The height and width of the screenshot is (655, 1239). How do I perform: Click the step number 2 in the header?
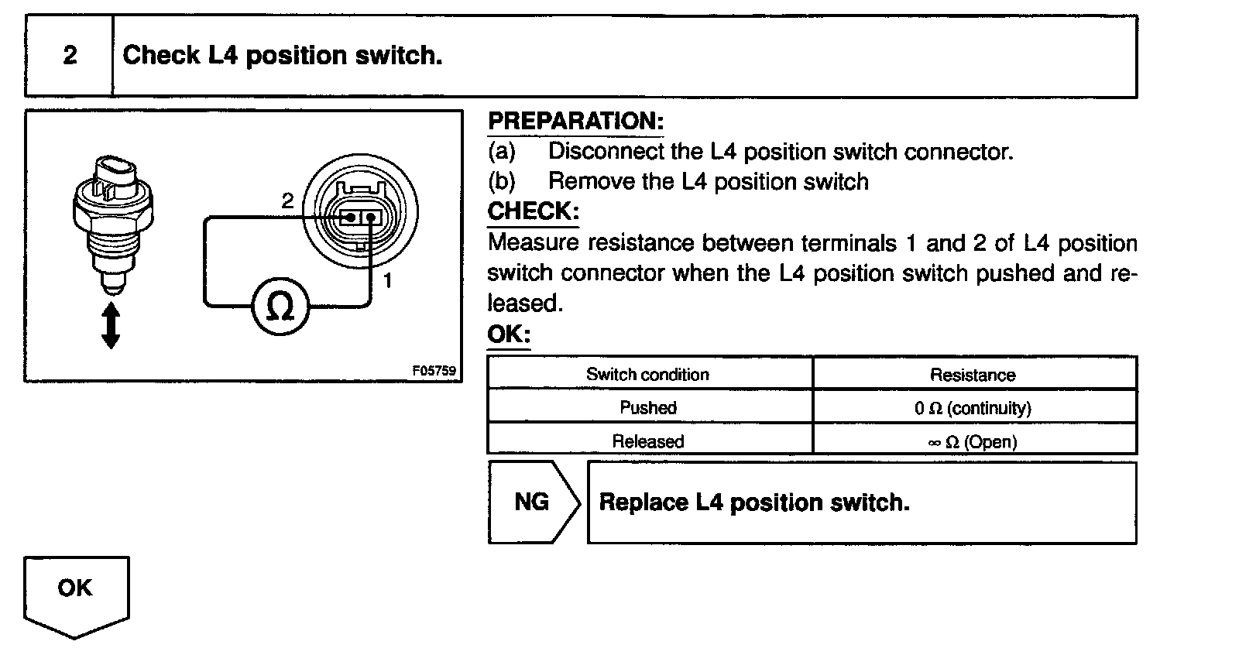[70, 56]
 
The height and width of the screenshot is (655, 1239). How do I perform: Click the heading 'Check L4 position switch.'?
[283, 56]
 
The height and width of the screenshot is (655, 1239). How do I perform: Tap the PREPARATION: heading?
[575, 122]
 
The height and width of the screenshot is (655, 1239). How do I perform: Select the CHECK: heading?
[533, 211]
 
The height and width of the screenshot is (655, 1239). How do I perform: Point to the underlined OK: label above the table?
[508, 334]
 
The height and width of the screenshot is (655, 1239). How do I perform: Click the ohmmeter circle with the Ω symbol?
[280, 308]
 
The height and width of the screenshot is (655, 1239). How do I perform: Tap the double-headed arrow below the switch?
[111, 325]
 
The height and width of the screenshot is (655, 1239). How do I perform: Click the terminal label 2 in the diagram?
[287, 201]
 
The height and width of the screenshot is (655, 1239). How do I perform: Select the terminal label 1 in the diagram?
[388, 280]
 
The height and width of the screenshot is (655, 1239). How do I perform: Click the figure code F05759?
[434, 371]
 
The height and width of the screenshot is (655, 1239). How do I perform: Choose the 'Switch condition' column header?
[647, 375]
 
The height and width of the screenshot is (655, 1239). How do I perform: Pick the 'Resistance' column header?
[973, 376]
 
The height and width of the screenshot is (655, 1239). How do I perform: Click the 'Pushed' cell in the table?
[648, 407]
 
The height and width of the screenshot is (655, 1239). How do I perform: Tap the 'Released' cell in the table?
[648, 441]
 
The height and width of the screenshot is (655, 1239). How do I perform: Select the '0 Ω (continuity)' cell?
[973, 408]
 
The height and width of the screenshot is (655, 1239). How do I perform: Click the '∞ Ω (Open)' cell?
[973, 442]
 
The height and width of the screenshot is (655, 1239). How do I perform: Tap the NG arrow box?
[532, 502]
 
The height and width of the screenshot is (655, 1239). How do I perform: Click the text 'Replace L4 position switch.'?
[754, 502]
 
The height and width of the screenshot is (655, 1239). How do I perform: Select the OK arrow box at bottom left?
[75, 592]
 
